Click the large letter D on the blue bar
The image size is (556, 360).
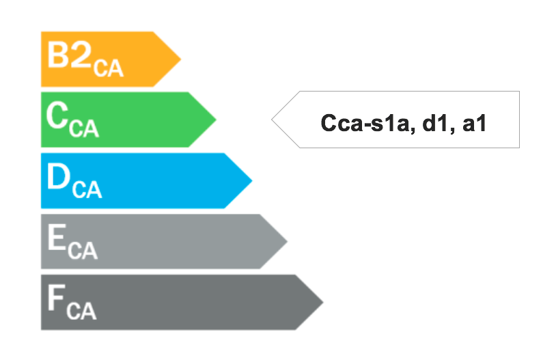(x=59, y=176)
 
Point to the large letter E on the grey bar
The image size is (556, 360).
(x=57, y=237)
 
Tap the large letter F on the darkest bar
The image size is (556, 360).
(x=57, y=298)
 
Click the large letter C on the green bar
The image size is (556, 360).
(x=57, y=115)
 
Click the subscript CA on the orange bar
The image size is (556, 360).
(x=109, y=68)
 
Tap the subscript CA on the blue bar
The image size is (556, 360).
(x=87, y=190)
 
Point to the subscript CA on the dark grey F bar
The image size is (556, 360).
(x=81, y=311)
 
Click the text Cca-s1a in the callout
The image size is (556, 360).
(x=365, y=123)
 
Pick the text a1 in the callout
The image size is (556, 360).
(x=474, y=124)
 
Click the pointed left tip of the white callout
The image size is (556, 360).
(x=272, y=120)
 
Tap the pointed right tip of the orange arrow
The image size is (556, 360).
(x=181, y=59)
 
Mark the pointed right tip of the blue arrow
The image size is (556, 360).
(x=252, y=180)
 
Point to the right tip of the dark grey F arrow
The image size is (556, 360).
(x=323, y=302)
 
